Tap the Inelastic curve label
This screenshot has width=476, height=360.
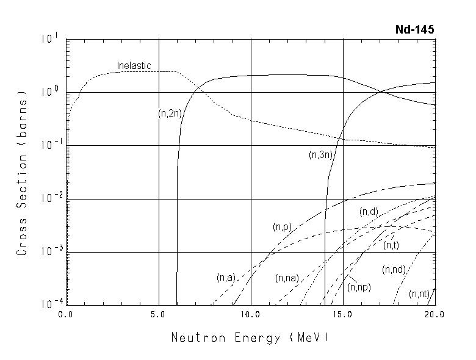point(134,65)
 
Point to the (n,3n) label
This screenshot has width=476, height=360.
point(320,155)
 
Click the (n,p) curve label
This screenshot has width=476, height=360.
point(281,227)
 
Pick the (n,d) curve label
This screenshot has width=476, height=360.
point(369,212)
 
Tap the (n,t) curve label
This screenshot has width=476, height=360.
point(391,245)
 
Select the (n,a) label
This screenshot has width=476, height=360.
point(226,278)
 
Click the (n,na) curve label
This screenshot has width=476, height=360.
point(287,278)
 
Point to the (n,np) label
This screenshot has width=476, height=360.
point(359,286)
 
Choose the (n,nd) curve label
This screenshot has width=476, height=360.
point(394,270)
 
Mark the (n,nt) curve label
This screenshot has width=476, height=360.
point(419,294)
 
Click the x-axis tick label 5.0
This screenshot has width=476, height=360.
point(158,315)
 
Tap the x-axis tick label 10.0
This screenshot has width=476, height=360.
point(250,315)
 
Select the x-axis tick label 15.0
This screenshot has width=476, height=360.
point(343,315)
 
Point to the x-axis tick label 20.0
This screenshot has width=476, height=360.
point(435,315)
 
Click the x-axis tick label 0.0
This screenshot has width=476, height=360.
point(66,315)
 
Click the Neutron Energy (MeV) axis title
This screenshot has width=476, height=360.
point(250,337)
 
